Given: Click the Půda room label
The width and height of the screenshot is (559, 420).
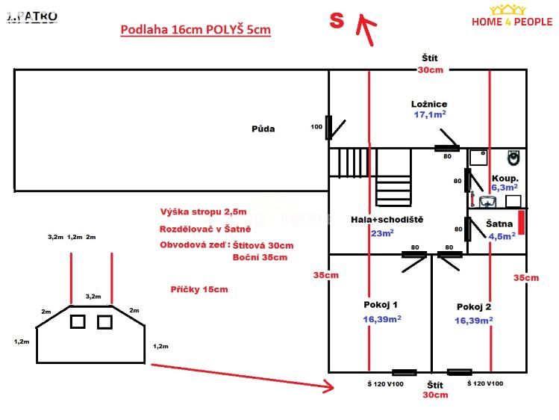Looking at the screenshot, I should click(x=263, y=129).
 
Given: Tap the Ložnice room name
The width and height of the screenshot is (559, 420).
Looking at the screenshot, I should click(x=429, y=104).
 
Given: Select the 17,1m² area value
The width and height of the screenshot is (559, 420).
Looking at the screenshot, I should click(x=430, y=115).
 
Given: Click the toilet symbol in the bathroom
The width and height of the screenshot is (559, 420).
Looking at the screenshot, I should click(x=513, y=158).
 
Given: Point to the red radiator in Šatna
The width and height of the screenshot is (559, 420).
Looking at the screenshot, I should click(x=522, y=222).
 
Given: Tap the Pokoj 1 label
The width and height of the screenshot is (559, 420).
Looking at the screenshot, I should click(x=381, y=305).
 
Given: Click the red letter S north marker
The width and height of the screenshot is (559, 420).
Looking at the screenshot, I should click(x=337, y=21).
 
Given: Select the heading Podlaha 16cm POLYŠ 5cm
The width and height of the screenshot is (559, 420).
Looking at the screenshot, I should click(x=196, y=30).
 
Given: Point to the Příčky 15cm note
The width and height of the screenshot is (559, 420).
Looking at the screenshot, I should click(x=199, y=289).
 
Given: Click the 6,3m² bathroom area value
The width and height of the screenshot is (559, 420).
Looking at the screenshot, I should click(x=505, y=188).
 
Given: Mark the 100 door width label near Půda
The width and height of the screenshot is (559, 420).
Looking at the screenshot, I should click(x=316, y=127).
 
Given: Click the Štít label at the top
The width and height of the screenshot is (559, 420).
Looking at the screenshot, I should click(x=429, y=58).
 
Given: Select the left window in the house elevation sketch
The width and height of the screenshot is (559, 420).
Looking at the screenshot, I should click(x=78, y=321).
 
